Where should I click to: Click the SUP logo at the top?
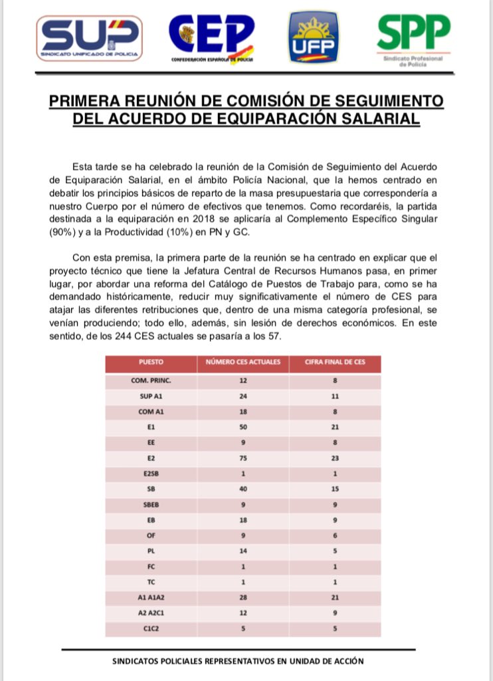(x=90, y=38)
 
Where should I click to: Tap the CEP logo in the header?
(x=211, y=38)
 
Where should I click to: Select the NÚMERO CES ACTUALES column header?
(x=243, y=363)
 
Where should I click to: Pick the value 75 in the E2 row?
(x=243, y=458)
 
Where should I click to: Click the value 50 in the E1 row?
(x=243, y=427)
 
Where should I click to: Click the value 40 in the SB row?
(x=243, y=488)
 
